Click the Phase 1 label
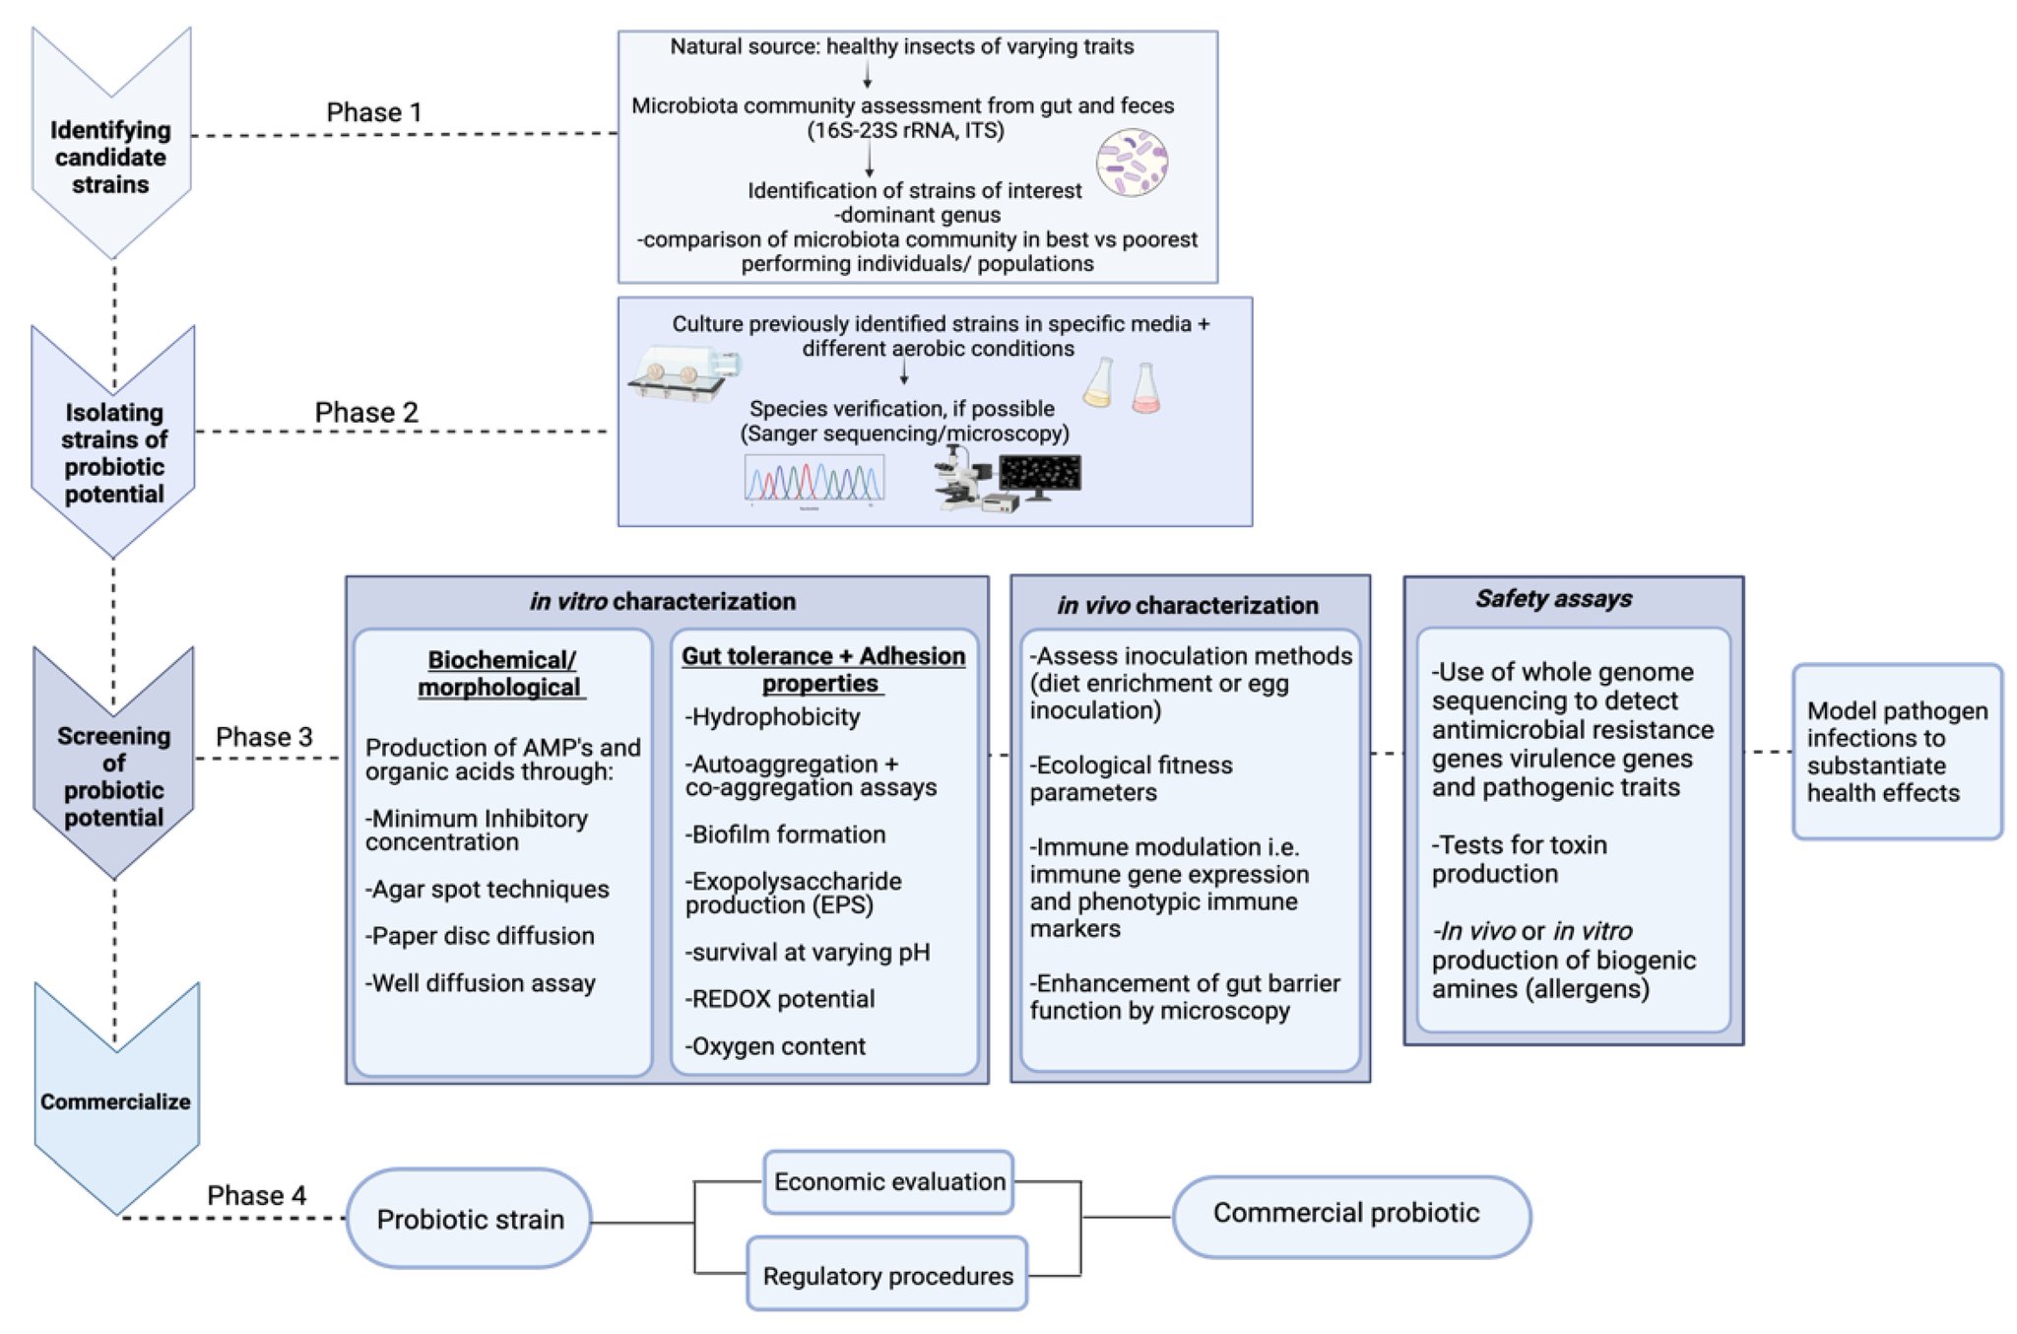pos(374,112)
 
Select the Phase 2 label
pos(366,412)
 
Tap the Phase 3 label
pos(264,737)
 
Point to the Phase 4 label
pos(256,1195)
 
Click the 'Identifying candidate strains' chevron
pos(111,144)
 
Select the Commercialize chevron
pos(116,1099)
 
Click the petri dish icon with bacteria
pos(1133,164)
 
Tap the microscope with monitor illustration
pos(1007,478)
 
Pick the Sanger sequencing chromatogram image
pos(813,481)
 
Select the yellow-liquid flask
pos(1099,383)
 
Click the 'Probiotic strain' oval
pos(470,1219)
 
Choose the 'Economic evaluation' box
pos(889,1181)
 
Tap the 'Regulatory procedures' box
pos(887,1274)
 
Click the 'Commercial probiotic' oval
pos(1351,1216)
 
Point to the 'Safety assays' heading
pos(1553,598)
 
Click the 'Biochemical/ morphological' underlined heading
pos(501,674)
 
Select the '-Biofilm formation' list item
pos(785,834)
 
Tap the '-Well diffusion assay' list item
pos(481,983)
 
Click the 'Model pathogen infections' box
pos(1898,752)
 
